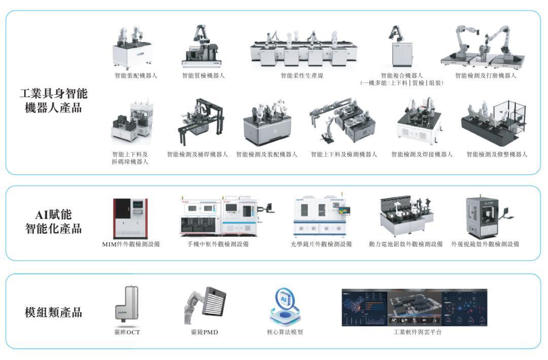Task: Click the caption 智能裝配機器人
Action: (136, 76)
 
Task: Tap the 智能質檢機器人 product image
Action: (202, 46)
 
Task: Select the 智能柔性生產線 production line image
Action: (304, 48)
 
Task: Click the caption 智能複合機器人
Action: (401, 76)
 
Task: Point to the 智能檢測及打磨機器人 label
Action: (486, 76)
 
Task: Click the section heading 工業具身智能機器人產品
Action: (53, 100)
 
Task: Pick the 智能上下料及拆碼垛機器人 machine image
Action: (132, 123)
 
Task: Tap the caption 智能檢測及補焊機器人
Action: (197, 154)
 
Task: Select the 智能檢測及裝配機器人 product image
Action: (267, 122)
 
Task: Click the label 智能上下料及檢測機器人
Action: (344, 154)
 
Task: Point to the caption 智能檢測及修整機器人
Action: (497, 154)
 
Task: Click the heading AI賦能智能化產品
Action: (53, 222)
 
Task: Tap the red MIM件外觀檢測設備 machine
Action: (130, 218)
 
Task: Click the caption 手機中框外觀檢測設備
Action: (218, 244)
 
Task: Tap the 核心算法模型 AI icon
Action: (285, 306)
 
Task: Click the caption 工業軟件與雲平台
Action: (417, 332)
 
